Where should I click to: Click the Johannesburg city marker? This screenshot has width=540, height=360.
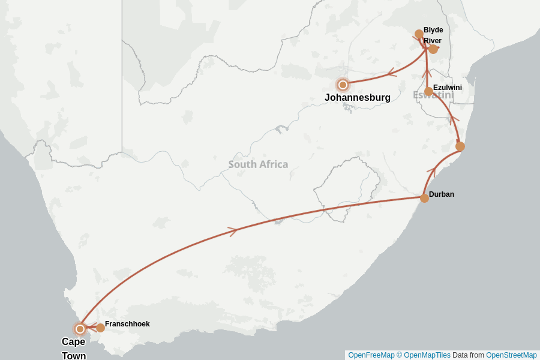343,85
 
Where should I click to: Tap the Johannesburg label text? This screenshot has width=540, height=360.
358,97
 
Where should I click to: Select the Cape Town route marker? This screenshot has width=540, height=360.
80,329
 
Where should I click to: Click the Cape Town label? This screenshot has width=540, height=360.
74,349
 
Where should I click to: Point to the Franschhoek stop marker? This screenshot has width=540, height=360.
101,328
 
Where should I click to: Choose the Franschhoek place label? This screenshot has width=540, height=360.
127,324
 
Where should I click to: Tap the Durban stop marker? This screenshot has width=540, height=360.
424,198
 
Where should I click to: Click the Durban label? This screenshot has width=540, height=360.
442,194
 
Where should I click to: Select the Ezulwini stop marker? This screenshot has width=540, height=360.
428,91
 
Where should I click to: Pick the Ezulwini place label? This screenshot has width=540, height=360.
448,88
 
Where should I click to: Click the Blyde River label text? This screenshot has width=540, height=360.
433,35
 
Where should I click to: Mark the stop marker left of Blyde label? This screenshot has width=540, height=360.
419,34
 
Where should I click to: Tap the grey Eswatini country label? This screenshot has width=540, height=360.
433,95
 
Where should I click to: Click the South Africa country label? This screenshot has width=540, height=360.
258,164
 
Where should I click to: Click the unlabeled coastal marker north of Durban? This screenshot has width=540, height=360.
460,146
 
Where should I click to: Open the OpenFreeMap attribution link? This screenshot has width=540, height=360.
371,355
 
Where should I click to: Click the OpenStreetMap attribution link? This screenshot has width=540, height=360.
511,355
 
